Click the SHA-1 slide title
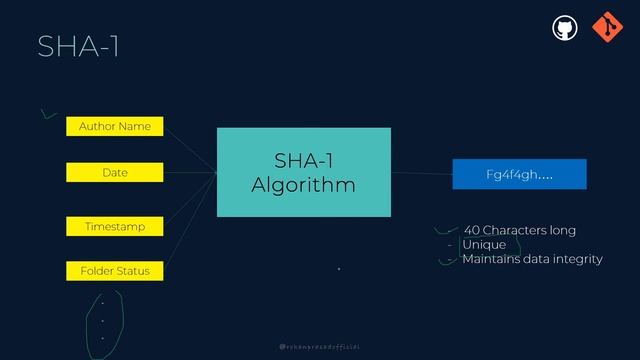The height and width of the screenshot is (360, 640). [x=78, y=46]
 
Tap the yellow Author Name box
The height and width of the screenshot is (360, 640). [x=114, y=126]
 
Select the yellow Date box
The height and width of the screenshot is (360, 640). [x=114, y=172]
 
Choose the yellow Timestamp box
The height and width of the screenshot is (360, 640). [x=114, y=227]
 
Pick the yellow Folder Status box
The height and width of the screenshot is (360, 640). [x=114, y=271]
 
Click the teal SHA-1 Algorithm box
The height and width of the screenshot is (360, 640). [x=303, y=172]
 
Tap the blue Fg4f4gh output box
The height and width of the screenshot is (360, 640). [x=519, y=174]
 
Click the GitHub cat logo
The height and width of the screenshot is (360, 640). [x=565, y=27]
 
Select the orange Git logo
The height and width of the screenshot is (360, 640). [x=605, y=27]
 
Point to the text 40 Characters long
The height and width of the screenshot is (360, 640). [x=519, y=230]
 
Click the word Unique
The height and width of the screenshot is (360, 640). [x=484, y=244]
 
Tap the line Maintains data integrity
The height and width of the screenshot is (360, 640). [x=532, y=259]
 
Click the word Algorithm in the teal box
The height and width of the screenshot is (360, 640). [x=303, y=185]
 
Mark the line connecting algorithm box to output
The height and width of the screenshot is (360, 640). [x=421, y=173]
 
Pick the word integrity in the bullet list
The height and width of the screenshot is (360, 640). [x=577, y=259]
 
